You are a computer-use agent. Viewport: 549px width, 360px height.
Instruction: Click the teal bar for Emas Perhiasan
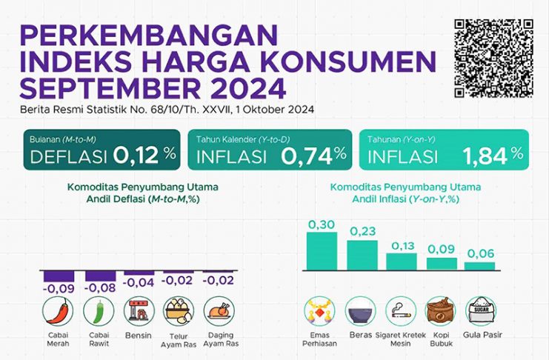pyautogui.click(x=322, y=250)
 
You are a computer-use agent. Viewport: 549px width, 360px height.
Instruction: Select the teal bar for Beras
pyautogui.click(x=362, y=255)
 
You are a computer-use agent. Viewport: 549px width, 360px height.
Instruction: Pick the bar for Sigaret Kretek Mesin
pyautogui.click(x=402, y=261)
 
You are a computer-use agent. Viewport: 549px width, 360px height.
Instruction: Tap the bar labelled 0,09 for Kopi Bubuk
pyautogui.click(x=442, y=263)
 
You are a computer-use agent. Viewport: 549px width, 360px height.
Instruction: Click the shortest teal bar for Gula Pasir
pyautogui.click(x=480, y=265)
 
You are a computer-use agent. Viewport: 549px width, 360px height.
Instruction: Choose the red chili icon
pyautogui.click(x=58, y=312)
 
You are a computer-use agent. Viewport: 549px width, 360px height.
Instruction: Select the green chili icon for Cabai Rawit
pyautogui.click(x=98, y=312)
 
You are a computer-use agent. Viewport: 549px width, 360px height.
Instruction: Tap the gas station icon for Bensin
pyautogui.click(x=138, y=312)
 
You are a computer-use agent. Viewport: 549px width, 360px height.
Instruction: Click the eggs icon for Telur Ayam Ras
pyautogui.click(x=178, y=312)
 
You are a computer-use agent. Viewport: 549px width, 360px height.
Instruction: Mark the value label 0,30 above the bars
pyautogui.click(x=322, y=224)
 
